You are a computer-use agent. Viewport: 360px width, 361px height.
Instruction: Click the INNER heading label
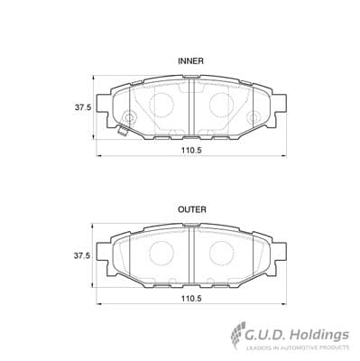point(190,61)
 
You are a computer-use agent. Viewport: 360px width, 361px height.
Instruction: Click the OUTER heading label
point(192,209)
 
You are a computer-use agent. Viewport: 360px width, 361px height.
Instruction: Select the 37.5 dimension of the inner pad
point(83,107)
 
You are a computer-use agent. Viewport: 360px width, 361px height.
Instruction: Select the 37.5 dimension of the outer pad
point(82,256)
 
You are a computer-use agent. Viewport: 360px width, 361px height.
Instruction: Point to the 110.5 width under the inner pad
point(191,151)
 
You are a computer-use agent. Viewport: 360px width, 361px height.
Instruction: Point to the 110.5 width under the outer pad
point(191,299)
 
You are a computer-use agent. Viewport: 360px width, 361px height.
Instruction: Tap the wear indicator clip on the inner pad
point(123,130)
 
